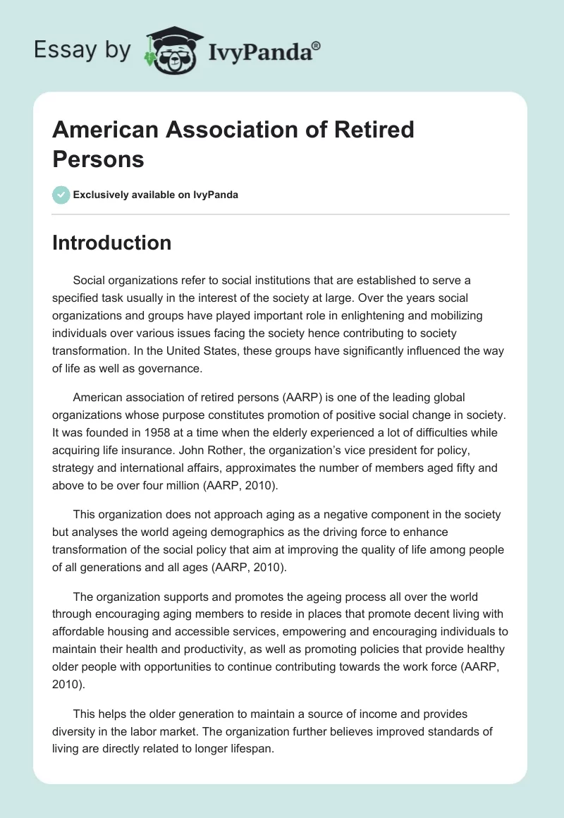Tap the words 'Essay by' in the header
pos(82,51)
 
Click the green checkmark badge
pos(61,195)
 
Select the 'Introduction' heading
pos(111,243)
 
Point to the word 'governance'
pos(168,367)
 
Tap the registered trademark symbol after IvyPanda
pos(316,45)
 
